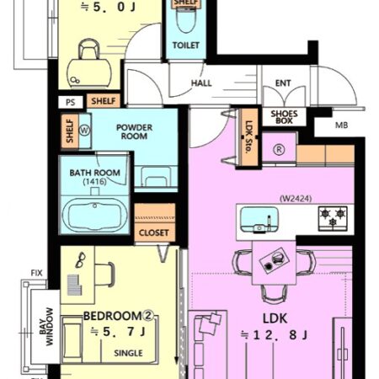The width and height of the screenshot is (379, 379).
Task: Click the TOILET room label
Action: tap(186, 45)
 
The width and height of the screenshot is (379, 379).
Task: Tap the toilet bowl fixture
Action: tap(186, 19)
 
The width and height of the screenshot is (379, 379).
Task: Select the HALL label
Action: tap(201, 83)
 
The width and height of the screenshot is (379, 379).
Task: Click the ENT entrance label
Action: tap(283, 83)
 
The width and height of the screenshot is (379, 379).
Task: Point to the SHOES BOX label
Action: tap(284, 117)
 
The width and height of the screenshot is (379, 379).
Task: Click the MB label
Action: tap(342, 125)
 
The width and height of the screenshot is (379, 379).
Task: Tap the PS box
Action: tap(71, 102)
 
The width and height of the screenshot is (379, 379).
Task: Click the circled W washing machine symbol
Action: tap(84, 131)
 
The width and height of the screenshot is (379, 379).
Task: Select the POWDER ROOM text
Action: tap(134, 131)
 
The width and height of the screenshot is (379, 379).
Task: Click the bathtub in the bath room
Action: tap(95, 215)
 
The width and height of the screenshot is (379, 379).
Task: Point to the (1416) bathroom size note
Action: tap(94, 182)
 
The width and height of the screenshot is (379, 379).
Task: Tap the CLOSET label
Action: tap(154, 232)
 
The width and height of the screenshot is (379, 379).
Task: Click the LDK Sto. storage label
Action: tap(248, 137)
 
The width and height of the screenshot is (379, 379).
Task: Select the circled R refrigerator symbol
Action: tap(279, 150)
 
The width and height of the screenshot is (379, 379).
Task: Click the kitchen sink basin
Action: tap(259, 220)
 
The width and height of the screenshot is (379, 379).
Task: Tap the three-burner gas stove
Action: tap(333, 218)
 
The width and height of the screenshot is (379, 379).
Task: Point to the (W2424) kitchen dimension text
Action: tap(296, 199)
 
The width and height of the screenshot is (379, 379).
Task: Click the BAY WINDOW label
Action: tap(46, 327)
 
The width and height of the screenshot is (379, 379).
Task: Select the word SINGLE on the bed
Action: tap(128, 353)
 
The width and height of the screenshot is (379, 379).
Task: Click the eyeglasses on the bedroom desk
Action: tap(81, 259)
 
